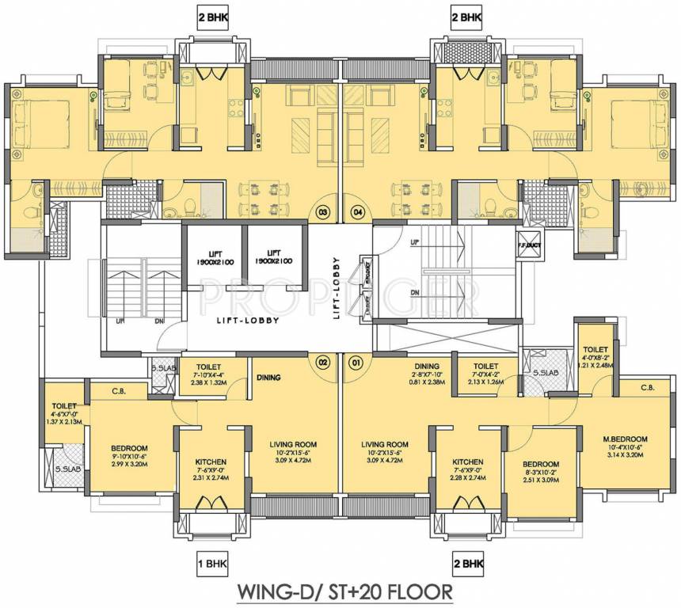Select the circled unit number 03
coord(323,211)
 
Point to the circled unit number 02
coord(323,363)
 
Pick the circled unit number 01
coord(356,363)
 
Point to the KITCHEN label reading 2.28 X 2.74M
coord(468,462)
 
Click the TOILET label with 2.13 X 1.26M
coord(485,367)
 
